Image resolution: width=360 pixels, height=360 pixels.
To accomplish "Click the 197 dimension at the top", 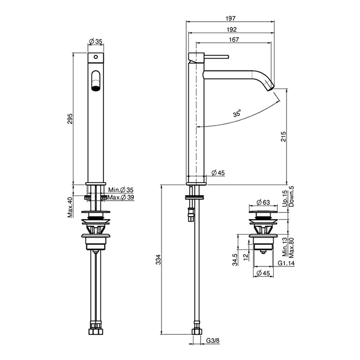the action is [230, 19].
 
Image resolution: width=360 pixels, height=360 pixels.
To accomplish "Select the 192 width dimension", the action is [231, 30].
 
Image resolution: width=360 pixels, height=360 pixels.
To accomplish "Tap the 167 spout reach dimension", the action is [233, 40].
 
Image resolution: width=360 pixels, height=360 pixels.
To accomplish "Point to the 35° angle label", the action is [237, 113].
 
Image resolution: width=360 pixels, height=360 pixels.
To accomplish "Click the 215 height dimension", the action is [283, 136].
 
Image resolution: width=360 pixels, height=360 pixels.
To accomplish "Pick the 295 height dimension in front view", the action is [70, 118].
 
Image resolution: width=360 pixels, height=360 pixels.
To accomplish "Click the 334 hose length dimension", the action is [158, 259].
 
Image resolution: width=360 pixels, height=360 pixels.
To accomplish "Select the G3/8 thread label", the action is [212, 340].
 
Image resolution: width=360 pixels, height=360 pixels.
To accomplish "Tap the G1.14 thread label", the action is [286, 263].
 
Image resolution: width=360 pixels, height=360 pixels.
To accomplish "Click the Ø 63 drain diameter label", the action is [263, 202].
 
